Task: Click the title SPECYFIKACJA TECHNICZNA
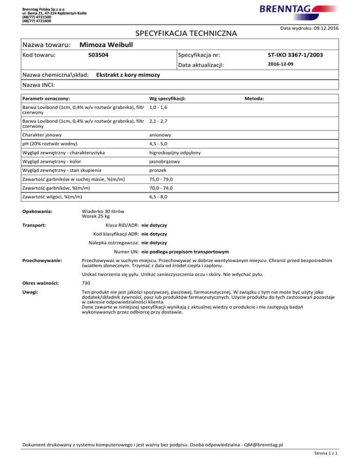(x=186, y=34)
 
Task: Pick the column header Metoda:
(x=255, y=98)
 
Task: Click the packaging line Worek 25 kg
(x=96, y=217)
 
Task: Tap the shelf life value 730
(x=86, y=284)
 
